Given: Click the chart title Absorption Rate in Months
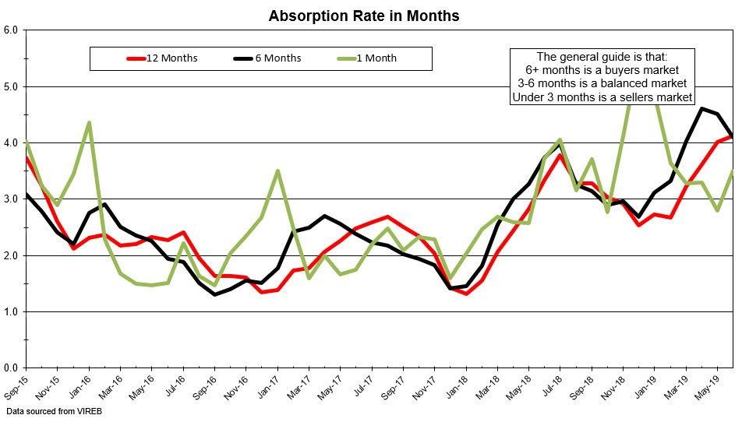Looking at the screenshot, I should click(x=363, y=16).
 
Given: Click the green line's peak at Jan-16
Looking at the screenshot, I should click(x=90, y=122).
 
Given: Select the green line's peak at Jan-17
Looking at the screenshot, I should click(x=278, y=171).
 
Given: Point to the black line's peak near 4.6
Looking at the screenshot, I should click(x=702, y=108).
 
